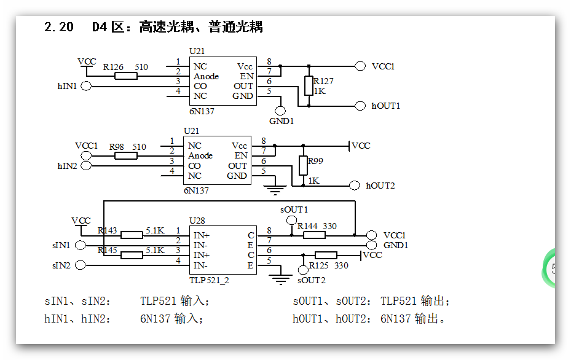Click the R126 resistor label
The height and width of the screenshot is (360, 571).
click(113, 67)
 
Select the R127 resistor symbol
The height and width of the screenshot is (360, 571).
click(309, 86)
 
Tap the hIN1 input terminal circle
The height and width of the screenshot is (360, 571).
click(86, 86)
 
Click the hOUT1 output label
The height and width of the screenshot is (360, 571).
click(386, 106)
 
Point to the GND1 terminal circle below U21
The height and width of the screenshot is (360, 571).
click(280, 111)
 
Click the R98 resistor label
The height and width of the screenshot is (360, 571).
click(117, 147)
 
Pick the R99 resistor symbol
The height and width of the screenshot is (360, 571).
click(302, 165)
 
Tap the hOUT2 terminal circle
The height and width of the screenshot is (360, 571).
click(353, 186)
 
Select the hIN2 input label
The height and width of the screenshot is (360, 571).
click(67, 166)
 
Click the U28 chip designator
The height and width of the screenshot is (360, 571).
click(197, 220)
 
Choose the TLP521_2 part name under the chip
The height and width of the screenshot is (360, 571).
click(209, 280)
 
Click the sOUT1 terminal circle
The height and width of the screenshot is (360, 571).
click(292, 221)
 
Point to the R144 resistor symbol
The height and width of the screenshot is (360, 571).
click(314, 235)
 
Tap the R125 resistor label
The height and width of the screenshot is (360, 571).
click(318, 266)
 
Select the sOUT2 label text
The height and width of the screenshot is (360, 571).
click(312, 280)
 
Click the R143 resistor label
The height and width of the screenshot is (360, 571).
click(107, 231)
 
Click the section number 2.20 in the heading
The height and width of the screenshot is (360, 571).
click(59, 27)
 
